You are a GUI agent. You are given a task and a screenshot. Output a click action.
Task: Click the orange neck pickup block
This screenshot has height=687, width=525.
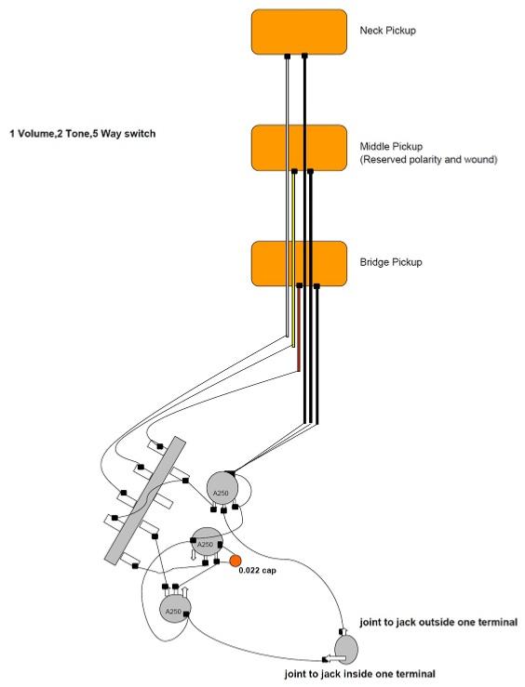coord(299,32)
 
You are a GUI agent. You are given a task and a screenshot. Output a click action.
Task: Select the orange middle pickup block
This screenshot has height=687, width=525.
coord(299,148)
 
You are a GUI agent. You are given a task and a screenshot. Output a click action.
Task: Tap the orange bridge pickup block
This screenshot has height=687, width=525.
coord(299,263)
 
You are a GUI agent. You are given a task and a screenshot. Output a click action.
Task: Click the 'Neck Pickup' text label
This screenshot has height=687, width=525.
coord(388,31)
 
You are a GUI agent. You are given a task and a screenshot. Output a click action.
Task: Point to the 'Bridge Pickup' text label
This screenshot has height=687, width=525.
coord(391,262)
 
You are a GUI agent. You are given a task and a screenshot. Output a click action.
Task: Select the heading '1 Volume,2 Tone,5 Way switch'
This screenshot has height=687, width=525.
coord(83,133)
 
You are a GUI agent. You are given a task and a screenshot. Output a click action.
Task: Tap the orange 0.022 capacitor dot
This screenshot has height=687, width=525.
coord(236,561)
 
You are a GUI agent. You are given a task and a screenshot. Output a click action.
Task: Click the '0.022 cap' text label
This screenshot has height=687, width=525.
coord(258,571)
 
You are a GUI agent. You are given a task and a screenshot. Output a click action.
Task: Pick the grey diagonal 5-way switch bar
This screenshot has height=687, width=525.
coord(145,499)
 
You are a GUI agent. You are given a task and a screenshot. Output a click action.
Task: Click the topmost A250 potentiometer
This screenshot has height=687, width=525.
coord(222,490)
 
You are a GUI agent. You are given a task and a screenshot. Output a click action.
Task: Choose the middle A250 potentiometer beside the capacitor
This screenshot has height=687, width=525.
coord(206,543)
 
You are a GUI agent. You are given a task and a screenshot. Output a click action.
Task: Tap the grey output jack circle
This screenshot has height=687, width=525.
coord(346,648)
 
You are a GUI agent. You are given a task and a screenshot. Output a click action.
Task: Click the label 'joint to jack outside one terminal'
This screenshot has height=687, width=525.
coord(438,622)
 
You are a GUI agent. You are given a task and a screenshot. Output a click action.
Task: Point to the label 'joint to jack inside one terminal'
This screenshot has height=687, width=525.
coord(359,674)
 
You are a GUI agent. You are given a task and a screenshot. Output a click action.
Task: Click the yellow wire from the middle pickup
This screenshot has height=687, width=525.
coord(293,259)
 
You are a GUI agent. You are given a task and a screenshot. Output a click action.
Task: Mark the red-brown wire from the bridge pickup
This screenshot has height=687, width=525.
coord(299,329)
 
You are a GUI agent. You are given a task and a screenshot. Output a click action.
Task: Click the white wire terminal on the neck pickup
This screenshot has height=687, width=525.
coord(288,57)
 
